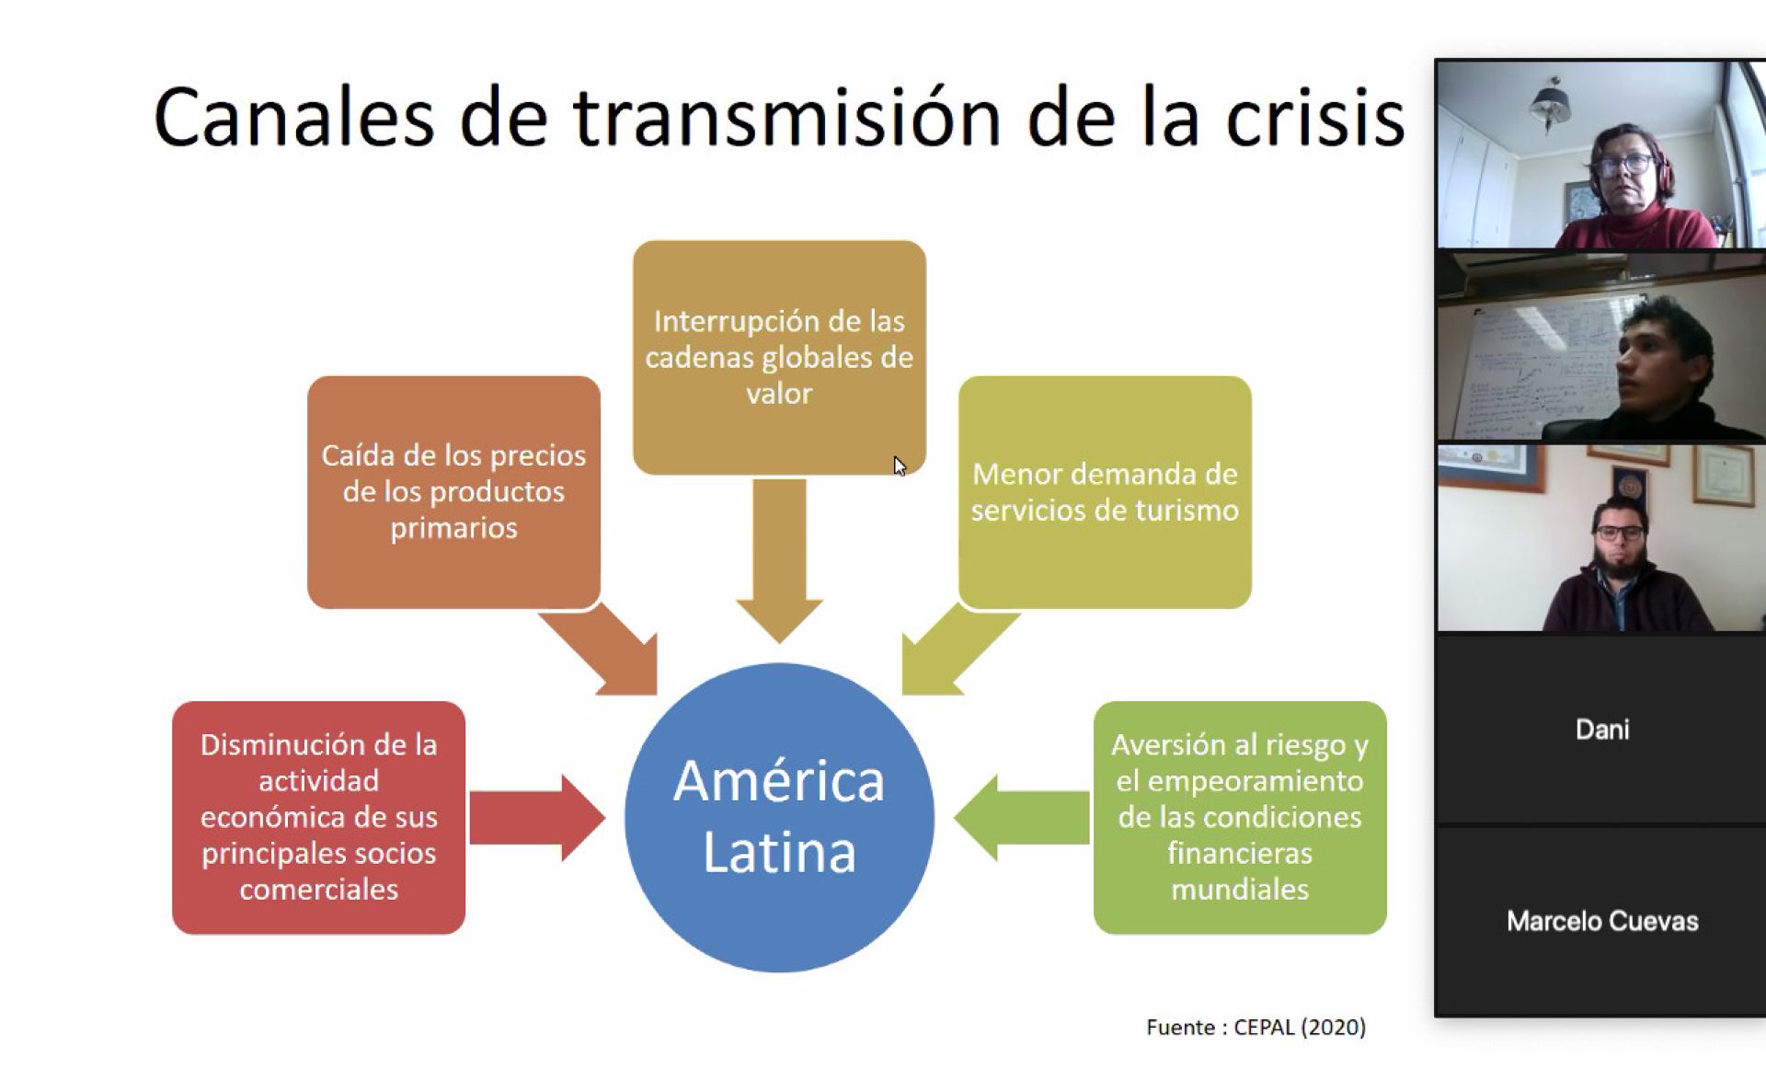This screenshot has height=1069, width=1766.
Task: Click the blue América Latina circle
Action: (779, 817)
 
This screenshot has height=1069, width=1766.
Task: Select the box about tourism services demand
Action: (1105, 492)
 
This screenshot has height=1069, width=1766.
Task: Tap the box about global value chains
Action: (779, 357)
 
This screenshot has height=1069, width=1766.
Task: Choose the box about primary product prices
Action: (453, 492)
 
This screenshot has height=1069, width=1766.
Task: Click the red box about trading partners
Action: (318, 817)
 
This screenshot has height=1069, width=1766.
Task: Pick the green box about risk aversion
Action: (1240, 817)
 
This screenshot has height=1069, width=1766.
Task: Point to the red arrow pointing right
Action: (537, 817)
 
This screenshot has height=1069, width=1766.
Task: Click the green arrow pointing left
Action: (1021, 817)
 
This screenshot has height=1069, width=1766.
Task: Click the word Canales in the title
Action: (292, 118)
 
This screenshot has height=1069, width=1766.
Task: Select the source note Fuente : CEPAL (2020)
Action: (1256, 1027)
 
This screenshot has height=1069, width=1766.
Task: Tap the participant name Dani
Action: (1602, 730)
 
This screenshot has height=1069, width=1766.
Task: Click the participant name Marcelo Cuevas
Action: (1602, 921)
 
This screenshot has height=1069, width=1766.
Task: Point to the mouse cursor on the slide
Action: (900, 466)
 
